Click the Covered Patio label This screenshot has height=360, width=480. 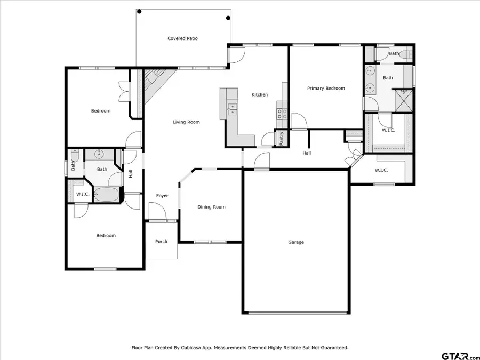point(182,38)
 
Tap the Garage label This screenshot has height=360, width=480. point(296,242)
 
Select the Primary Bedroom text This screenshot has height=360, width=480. point(326,89)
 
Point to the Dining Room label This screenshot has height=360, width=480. point(211,207)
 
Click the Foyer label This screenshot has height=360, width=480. point(162,196)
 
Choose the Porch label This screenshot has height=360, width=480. point(161,242)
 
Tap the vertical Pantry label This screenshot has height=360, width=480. point(281,138)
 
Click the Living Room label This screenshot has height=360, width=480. point(186,122)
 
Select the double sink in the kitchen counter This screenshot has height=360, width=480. point(233,110)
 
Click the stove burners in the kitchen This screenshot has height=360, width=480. point(282,114)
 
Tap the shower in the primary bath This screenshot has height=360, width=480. point(404,100)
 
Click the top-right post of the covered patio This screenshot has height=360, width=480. point(228,18)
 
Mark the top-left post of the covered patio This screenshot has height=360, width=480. point(139,11)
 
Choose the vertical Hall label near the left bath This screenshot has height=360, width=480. point(130,174)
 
